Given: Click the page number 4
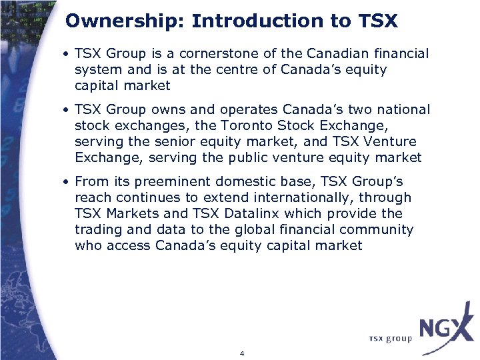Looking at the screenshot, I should (x=241, y=353).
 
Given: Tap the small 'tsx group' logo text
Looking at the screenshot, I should (x=390, y=338).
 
